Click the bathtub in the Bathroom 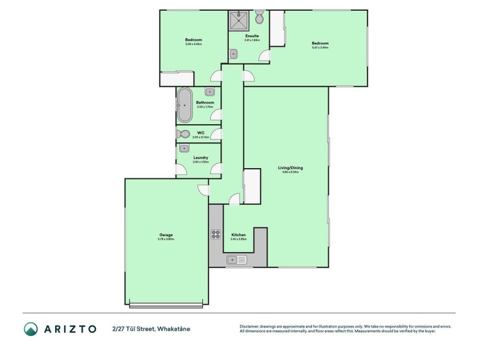coord(185,106)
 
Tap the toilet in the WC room coord(183,134)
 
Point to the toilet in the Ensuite coord(259,18)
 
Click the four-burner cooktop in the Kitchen coord(216,235)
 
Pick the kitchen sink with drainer coord(236,260)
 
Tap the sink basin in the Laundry coord(184,149)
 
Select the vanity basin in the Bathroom coord(210,92)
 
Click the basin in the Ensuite coord(233,54)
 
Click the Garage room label coord(166,235)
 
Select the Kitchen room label coord(239,235)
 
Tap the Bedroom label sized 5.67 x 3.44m coord(320,43)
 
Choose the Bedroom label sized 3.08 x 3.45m coord(193,40)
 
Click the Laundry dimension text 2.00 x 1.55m coord(200,162)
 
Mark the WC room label coord(200,133)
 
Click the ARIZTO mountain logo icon coord(31,329)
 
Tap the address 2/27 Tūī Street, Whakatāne coord(151,329)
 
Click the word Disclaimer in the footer coord(251,326)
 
